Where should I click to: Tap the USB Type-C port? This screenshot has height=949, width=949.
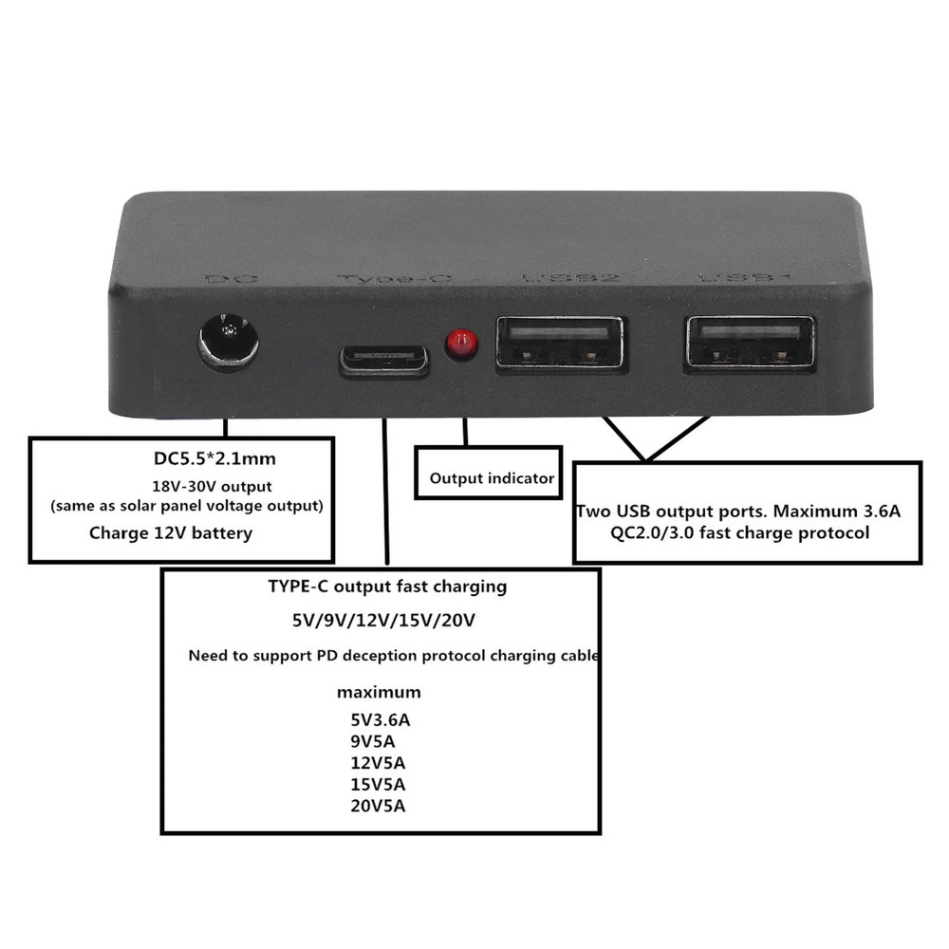pyautogui.click(x=384, y=360)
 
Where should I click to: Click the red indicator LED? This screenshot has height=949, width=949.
pyautogui.click(x=461, y=344)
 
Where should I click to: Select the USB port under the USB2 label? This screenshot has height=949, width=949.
pyautogui.click(x=560, y=342)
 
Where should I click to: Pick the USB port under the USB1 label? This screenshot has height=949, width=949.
pyautogui.click(x=750, y=342)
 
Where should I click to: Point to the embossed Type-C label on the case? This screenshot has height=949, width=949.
pyautogui.click(x=393, y=280)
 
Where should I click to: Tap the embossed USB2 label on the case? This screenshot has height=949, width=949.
pyautogui.click(x=570, y=279)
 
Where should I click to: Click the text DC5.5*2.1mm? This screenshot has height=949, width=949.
pyautogui.click(x=214, y=459)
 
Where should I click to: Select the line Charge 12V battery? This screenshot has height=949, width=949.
pyautogui.click(x=171, y=532)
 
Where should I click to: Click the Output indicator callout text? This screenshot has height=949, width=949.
pyautogui.click(x=492, y=478)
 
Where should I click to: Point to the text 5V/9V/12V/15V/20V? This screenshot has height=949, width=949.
pyautogui.click(x=383, y=621)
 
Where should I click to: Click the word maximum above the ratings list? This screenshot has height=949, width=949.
pyautogui.click(x=379, y=692)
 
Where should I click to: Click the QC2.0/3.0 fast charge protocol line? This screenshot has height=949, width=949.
pyautogui.click(x=740, y=532)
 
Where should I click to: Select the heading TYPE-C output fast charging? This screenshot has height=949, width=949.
pyautogui.click(x=387, y=586)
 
